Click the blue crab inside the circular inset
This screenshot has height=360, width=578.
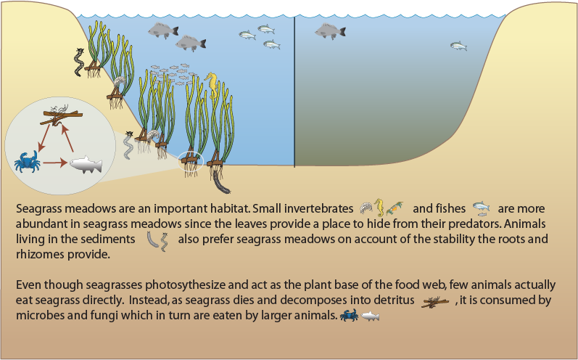(28, 162)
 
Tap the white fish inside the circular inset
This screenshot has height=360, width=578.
(86, 164)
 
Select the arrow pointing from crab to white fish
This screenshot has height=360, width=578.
(55, 163)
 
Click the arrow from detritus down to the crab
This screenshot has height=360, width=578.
(44, 138)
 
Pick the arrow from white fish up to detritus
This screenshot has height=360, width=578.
(67, 138)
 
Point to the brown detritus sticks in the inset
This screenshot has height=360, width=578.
(61, 115)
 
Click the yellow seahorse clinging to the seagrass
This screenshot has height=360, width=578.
(212, 85)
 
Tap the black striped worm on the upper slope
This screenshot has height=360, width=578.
(79, 62)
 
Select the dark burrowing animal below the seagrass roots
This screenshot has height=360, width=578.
(220, 184)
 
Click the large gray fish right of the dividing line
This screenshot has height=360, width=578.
(330, 31)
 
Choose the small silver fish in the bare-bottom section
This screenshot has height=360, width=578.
(458, 46)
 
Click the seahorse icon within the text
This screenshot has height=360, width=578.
(379, 208)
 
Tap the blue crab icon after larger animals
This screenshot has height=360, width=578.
(349, 316)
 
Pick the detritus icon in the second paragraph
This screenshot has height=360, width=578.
(435, 302)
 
